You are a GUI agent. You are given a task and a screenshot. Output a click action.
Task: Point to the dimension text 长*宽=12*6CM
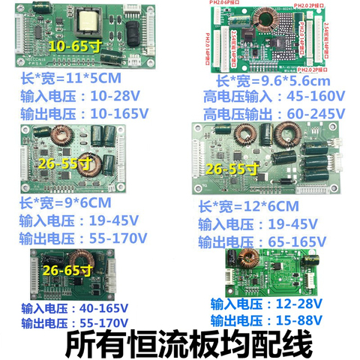pyautogui.click(x=248, y=206)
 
